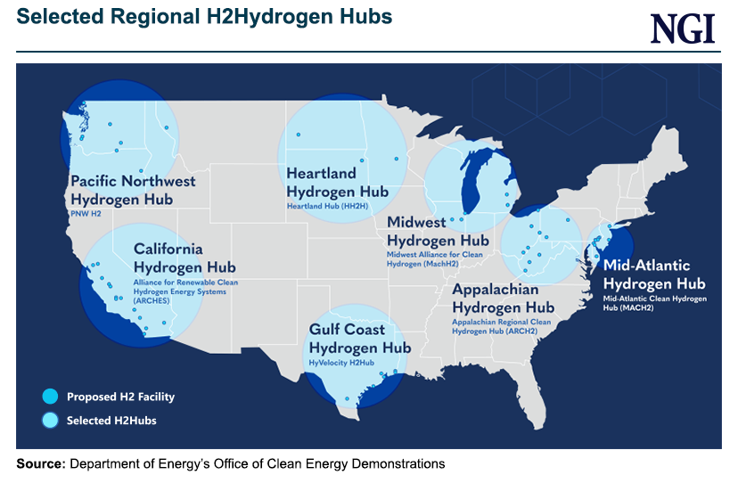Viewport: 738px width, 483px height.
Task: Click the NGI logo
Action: tap(683, 29)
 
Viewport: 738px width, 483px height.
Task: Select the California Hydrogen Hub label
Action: tap(184, 258)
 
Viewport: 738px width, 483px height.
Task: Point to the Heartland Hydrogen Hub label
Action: tap(337, 182)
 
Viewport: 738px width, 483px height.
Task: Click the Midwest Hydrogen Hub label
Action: tap(438, 231)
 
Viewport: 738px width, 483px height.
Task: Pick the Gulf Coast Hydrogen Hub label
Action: tap(359, 339)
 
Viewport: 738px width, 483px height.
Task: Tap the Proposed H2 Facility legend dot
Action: tap(50, 396)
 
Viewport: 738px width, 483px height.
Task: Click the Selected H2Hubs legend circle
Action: tap(50, 420)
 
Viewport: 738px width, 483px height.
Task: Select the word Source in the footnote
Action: tap(40, 464)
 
